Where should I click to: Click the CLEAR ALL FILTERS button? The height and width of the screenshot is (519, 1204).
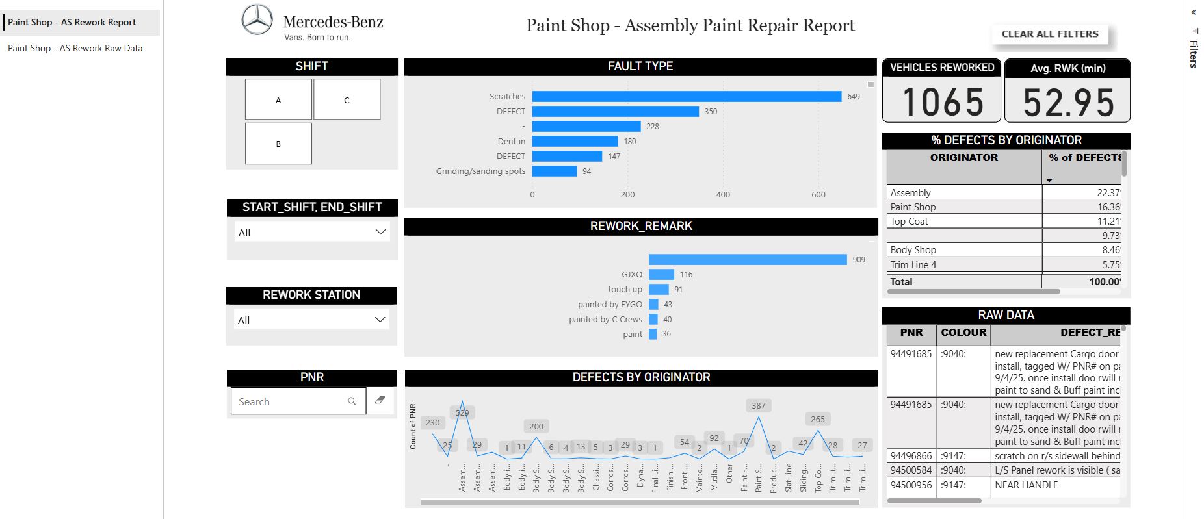pyautogui.click(x=1049, y=34)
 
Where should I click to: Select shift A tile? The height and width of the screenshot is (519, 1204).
pyautogui.click(x=278, y=100)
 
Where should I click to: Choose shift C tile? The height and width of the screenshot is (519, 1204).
pyautogui.click(x=347, y=100)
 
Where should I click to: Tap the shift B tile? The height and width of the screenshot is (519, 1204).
pyautogui.click(x=278, y=144)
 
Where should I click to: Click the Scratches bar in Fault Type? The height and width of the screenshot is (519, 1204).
pyautogui.click(x=686, y=96)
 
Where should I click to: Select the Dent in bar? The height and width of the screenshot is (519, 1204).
pyautogui.click(x=575, y=141)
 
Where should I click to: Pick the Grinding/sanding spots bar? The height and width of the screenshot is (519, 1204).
pyautogui.click(x=554, y=171)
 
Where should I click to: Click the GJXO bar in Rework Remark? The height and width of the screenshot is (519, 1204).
pyautogui.click(x=661, y=275)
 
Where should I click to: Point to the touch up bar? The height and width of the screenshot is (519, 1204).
pyautogui.click(x=659, y=290)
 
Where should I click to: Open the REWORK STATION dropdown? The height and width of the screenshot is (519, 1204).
pyautogui.click(x=311, y=320)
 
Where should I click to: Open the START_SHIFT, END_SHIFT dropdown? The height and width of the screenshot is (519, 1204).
pyautogui.click(x=311, y=232)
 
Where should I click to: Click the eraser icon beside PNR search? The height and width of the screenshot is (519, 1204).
pyautogui.click(x=380, y=400)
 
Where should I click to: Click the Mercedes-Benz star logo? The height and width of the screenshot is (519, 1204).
pyautogui.click(x=257, y=19)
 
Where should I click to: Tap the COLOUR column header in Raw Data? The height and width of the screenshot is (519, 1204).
pyautogui.click(x=963, y=333)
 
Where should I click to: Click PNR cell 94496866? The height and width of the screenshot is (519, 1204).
pyautogui.click(x=911, y=456)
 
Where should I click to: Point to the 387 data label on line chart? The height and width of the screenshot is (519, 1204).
pyautogui.click(x=758, y=405)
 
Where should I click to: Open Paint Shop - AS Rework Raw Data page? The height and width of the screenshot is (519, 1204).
pyautogui.click(x=75, y=48)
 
